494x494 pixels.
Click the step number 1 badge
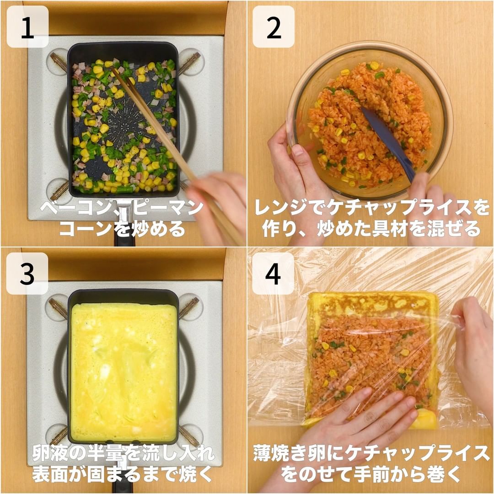(x=27, y=27)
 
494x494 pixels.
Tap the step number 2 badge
(x=274, y=27)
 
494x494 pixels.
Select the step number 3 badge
(x=27, y=273)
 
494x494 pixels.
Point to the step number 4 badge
(x=273, y=273)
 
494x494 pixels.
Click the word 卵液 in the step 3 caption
(x=52, y=453)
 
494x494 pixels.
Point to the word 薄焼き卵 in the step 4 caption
(x=290, y=453)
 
